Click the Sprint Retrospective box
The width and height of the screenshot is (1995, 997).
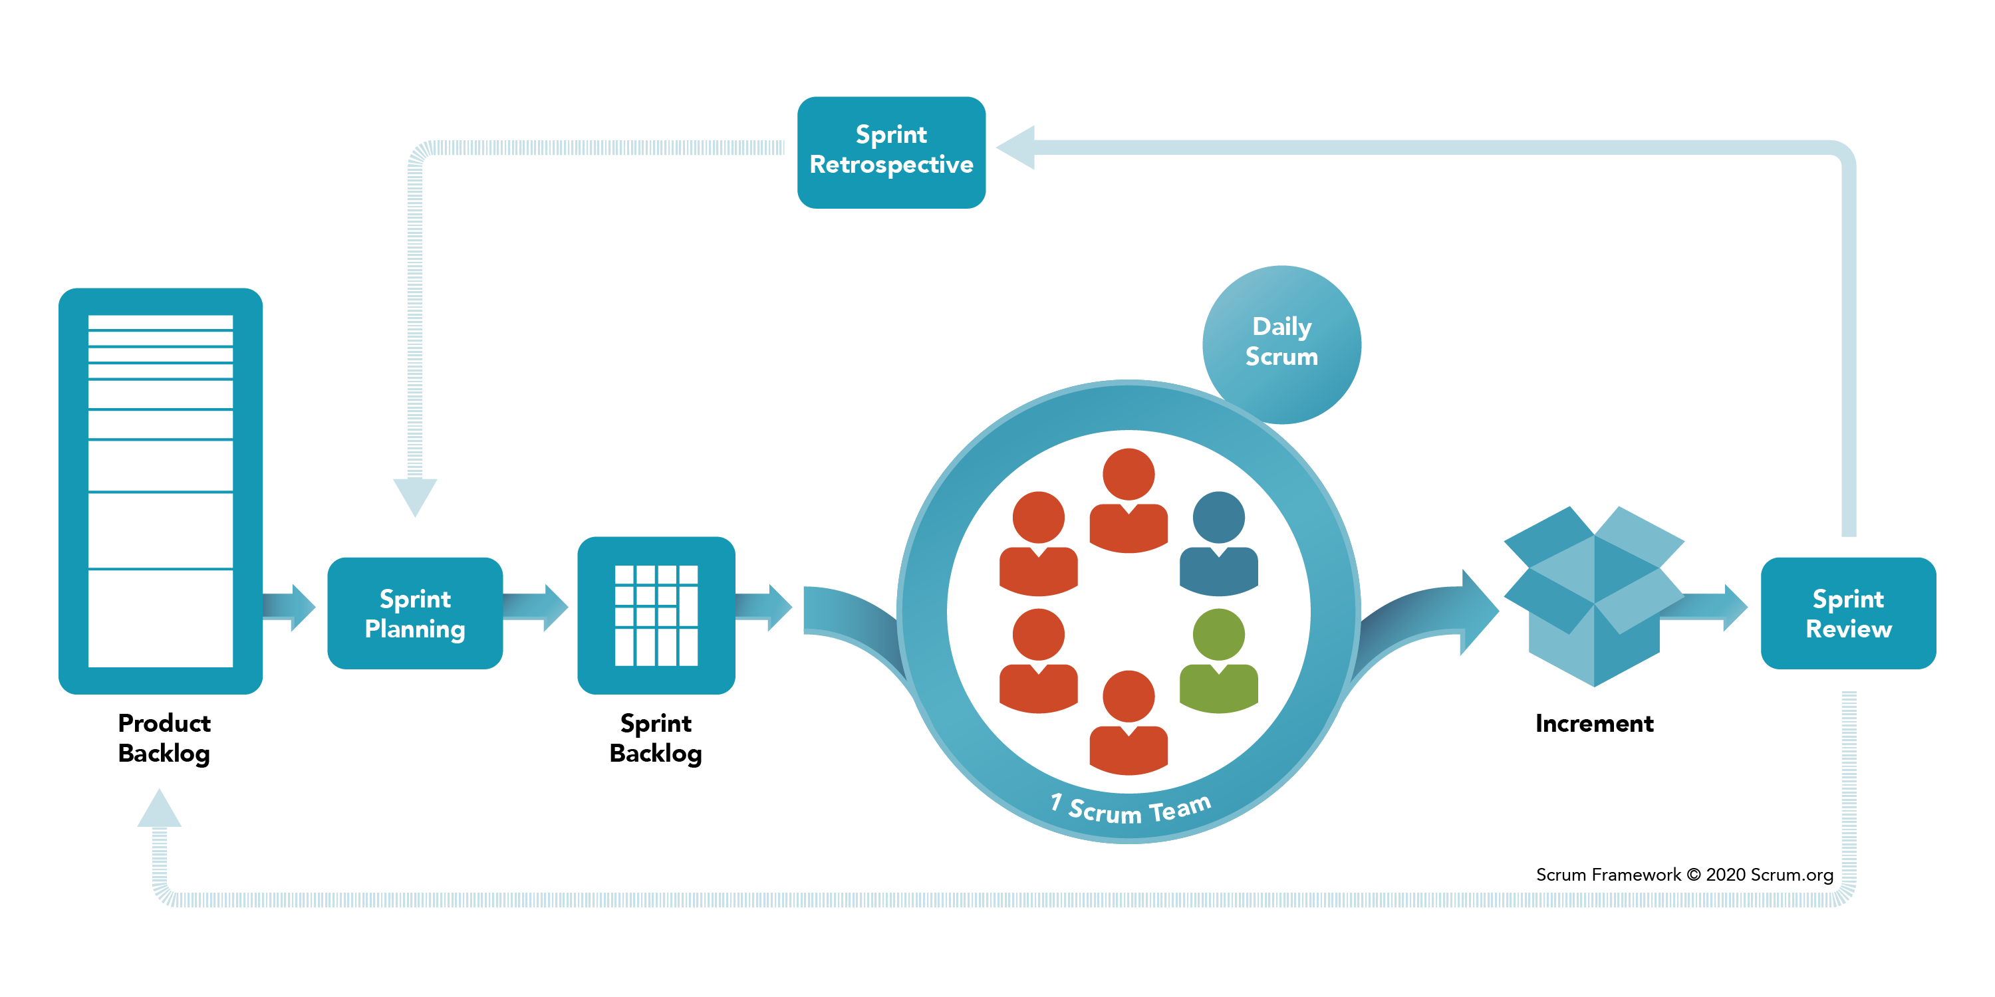pyautogui.click(x=890, y=152)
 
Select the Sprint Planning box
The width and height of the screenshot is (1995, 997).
pyautogui.click(x=414, y=613)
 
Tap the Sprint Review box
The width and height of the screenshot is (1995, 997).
pyautogui.click(x=1848, y=613)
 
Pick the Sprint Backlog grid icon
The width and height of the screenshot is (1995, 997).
pyautogui.click(x=656, y=615)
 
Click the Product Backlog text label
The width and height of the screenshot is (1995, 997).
pyautogui.click(x=164, y=738)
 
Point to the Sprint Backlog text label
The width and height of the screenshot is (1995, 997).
pyautogui.click(x=655, y=738)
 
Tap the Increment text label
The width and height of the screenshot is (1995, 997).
pyautogui.click(x=1594, y=723)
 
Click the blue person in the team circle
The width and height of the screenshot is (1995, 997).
pyautogui.click(x=1218, y=545)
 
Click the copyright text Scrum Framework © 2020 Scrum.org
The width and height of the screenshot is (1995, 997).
pyautogui.click(x=1684, y=875)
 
